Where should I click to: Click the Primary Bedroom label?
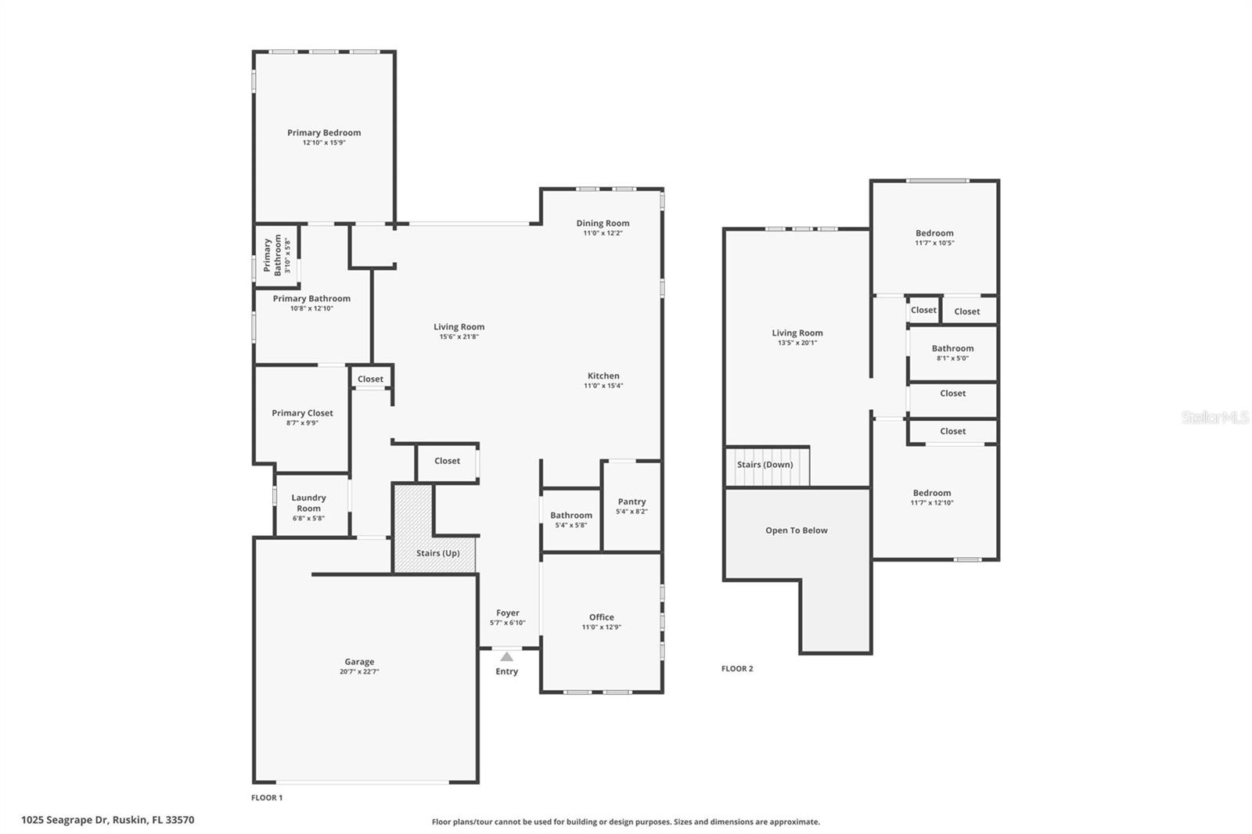324,133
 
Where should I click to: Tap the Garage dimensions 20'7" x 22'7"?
359,672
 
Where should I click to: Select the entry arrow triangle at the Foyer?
507,657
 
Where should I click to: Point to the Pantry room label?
631,501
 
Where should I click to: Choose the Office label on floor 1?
601,617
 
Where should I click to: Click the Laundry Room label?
308,503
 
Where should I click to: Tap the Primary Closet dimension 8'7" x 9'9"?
302,423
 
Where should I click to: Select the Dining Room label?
603,223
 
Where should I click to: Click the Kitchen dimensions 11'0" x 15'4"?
603,386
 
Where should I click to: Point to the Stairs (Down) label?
765,465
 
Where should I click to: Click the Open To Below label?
796,530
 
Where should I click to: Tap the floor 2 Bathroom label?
952,348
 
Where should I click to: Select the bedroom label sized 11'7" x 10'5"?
934,233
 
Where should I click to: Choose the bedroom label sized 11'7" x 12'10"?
931,493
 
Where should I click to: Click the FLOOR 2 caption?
737,669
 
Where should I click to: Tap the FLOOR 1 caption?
267,798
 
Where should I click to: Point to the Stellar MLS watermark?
1214,418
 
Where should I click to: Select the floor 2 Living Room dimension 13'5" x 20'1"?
797,343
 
